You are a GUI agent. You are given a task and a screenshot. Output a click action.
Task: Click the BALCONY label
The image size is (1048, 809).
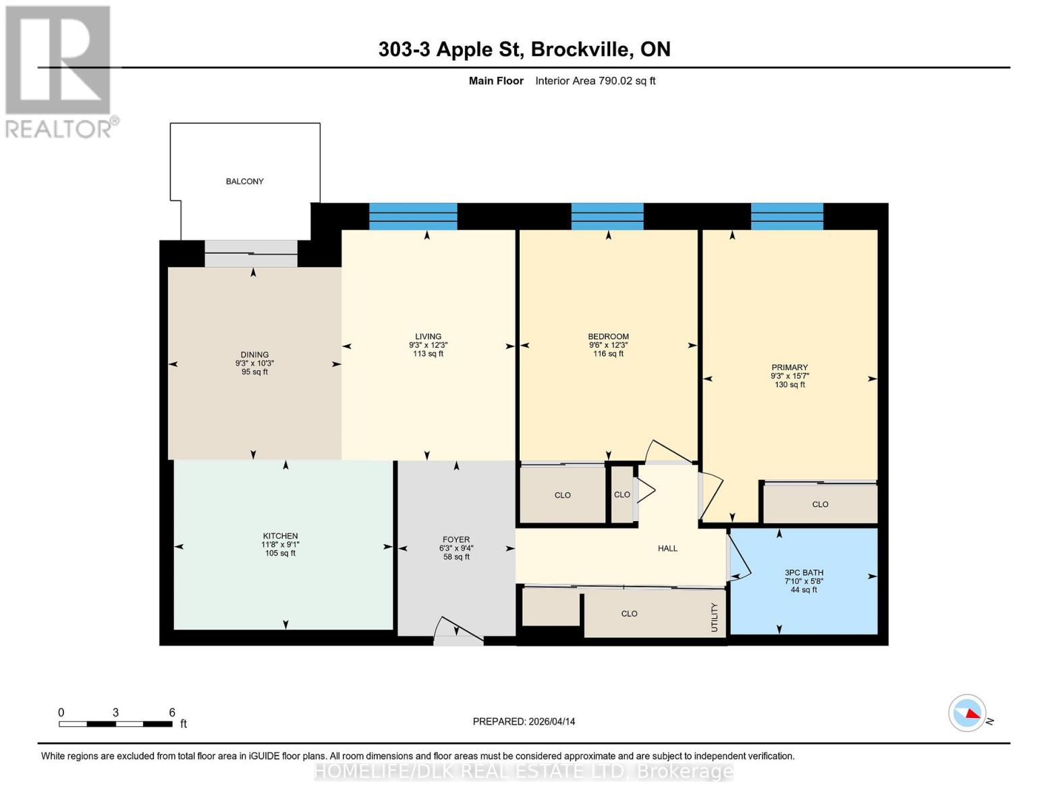pos(244,181)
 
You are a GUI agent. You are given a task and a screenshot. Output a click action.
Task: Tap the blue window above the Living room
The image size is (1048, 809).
pos(413,216)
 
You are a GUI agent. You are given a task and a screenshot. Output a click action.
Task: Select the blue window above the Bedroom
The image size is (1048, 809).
pos(607,216)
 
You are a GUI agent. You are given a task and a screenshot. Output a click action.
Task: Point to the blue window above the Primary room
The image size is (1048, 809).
pos(787,216)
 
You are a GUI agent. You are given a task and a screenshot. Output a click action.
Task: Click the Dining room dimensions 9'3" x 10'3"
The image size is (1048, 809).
pos(254,363)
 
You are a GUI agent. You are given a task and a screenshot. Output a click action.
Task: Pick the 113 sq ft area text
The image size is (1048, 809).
pos(428,353)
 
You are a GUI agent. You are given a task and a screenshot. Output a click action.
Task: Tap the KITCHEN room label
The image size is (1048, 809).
pos(280,536)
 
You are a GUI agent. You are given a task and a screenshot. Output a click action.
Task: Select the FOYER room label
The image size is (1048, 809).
pos(456,539)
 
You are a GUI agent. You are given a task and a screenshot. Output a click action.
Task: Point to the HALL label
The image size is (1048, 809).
pos(667,548)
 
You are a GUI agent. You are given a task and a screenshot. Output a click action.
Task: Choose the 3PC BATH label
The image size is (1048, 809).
pos(804,572)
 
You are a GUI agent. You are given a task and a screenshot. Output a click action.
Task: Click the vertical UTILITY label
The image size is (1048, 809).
pos(714,618)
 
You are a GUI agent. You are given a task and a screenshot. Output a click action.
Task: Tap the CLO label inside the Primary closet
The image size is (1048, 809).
pos(820,504)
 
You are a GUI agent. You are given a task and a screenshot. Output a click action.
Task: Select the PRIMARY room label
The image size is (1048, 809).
pos(790,367)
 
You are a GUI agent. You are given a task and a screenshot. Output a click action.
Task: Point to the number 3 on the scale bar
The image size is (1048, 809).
pos(116,712)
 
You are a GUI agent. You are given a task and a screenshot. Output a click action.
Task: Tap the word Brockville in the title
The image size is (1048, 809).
pos(582,49)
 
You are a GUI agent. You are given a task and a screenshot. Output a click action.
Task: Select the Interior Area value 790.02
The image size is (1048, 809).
pos(615,80)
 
